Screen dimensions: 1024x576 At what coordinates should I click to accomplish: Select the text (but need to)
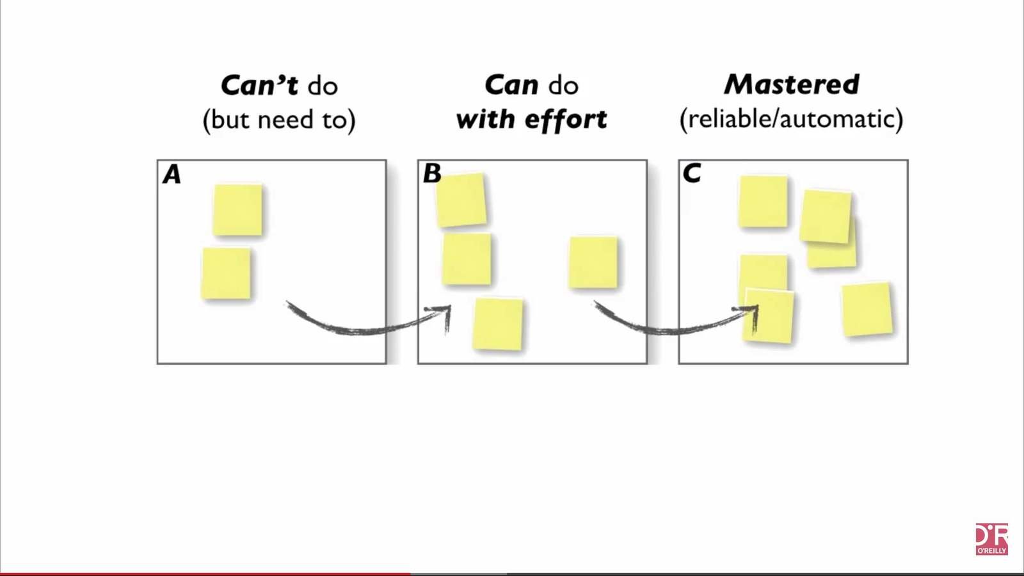279,120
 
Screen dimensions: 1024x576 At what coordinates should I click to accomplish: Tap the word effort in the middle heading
566,120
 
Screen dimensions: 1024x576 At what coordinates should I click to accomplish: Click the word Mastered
792,84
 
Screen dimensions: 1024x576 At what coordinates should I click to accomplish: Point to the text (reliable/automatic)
791,119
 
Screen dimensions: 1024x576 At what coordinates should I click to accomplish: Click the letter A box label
172,175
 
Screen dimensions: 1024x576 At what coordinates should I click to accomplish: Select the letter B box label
431,173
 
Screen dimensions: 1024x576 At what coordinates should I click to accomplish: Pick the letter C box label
691,173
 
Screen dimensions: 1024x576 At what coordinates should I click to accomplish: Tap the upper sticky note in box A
237,210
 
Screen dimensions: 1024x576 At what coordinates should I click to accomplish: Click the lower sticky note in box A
226,273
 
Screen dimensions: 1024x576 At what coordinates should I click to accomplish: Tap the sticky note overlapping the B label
462,200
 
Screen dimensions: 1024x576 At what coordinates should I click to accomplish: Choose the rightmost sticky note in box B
593,262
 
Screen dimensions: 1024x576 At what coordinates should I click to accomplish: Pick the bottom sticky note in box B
498,324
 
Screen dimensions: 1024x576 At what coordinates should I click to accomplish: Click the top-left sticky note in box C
763,202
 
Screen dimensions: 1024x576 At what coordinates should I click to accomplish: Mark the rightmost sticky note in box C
867,309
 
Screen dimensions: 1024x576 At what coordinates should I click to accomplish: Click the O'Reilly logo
991,539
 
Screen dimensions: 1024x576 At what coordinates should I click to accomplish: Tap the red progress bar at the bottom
205,573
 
